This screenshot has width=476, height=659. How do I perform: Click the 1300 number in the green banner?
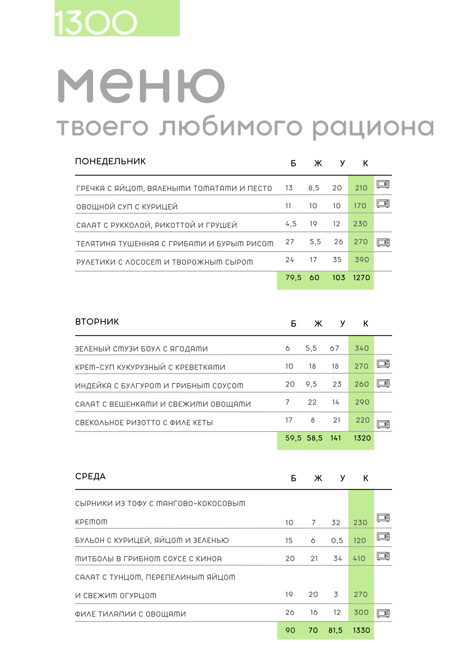pos(96,23)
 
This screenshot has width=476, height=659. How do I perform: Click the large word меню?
pos(141,86)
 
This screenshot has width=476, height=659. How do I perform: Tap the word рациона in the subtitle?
pos(373,127)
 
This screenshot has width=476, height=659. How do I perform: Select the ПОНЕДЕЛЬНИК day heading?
pos(110,161)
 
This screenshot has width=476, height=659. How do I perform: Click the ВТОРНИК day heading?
pos(97,322)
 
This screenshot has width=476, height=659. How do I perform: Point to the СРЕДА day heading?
pos(90,477)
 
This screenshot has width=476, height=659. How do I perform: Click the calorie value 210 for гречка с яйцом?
pos(361,188)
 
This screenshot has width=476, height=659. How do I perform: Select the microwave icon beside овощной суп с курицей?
pos(383,203)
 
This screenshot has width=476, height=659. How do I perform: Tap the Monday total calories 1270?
pos(361,278)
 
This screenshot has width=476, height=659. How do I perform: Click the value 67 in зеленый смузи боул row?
pos(335,348)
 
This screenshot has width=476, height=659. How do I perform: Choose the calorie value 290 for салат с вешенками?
pos(362,402)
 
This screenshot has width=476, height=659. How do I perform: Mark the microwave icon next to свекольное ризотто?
pos(383,424)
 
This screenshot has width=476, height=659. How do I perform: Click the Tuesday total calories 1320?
pos(362,438)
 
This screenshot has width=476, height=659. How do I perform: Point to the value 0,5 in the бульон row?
pos(337,541)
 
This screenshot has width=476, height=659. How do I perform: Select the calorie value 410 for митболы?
pos(359,558)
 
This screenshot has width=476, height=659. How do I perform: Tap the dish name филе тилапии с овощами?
pos(131,614)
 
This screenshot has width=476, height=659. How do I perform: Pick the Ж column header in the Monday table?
pos(318,163)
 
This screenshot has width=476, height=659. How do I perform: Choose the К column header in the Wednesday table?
pos(366,479)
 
